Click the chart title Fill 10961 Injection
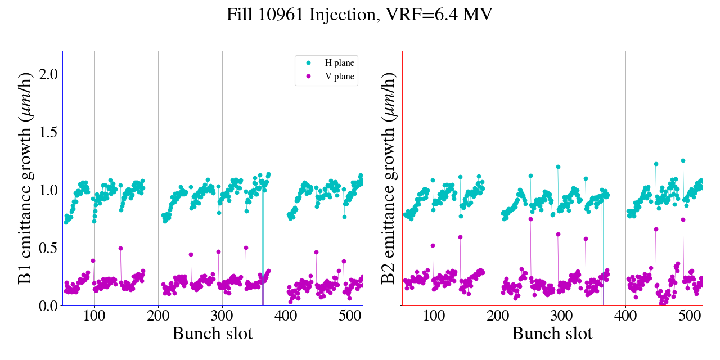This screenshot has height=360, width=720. [359, 15]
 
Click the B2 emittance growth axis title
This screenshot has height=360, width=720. [388, 178]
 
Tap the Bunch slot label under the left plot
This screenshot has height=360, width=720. [212, 334]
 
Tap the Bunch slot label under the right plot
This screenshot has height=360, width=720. [552, 334]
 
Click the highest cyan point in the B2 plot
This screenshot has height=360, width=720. [683, 160]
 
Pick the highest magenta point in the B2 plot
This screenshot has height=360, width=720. [530, 219]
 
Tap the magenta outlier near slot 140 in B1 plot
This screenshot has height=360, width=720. [120, 248]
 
